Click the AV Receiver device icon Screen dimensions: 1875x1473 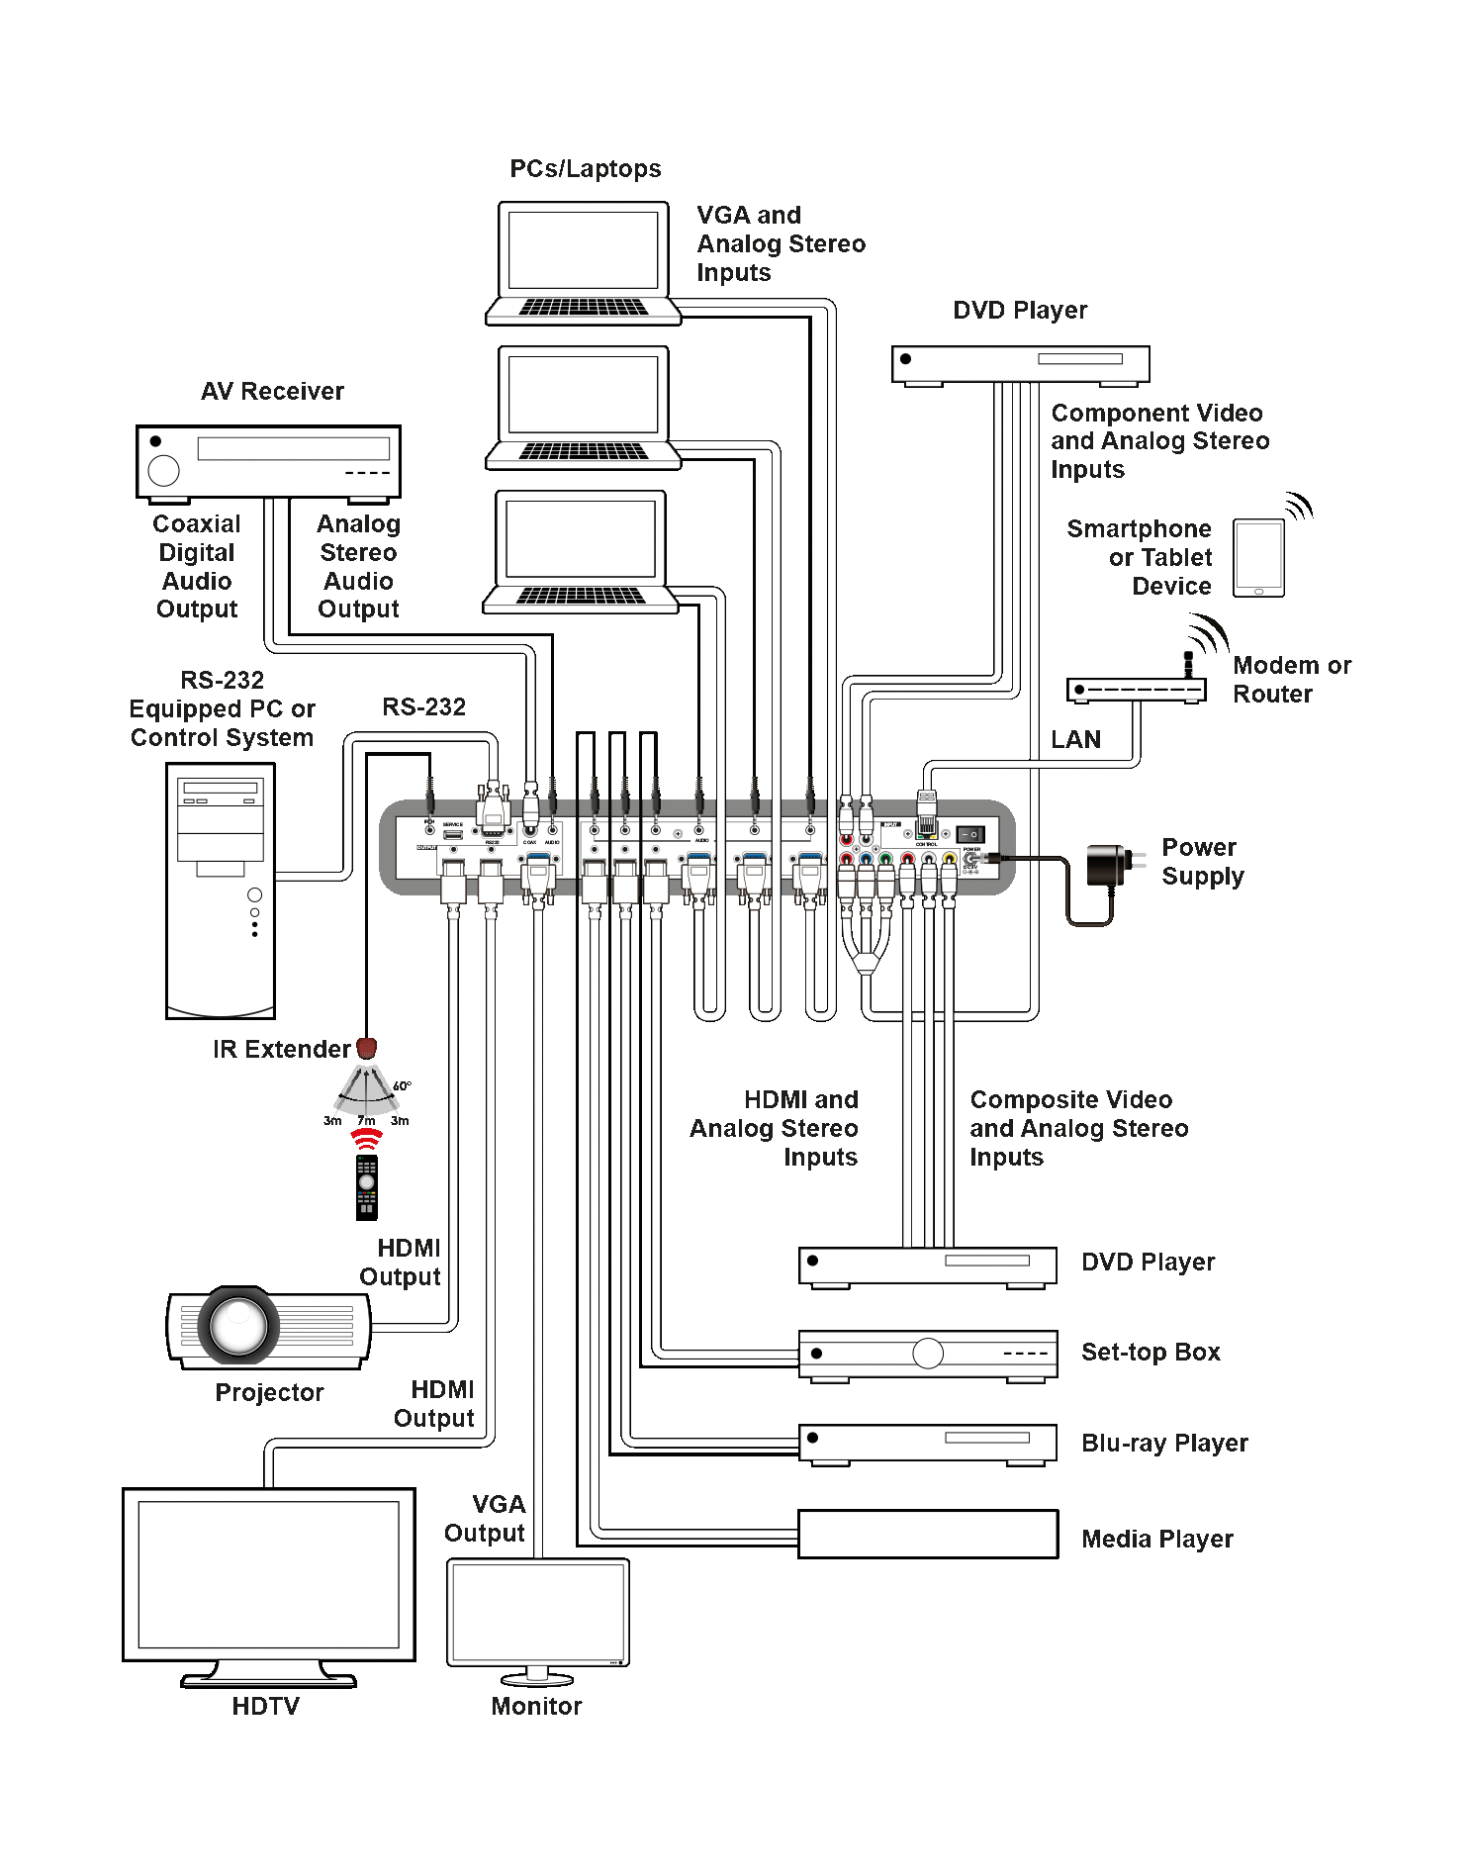(x=268, y=462)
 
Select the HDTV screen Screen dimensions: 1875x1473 (x=268, y=1574)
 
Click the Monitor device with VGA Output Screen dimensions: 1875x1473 (x=537, y=1613)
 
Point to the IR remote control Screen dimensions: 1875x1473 (x=367, y=1186)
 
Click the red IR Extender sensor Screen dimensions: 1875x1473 (x=366, y=1047)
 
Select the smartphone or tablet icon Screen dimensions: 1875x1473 (x=1258, y=558)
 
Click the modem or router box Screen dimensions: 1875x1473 (x=1136, y=690)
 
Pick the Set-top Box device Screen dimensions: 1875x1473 (x=927, y=1354)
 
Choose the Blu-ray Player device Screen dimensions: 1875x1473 (x=927, y=1443)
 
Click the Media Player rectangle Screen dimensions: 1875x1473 (x=927, y=1534)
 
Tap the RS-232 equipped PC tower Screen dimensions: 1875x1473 (x=221, y=891)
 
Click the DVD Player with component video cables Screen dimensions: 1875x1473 (x=1020, y=363)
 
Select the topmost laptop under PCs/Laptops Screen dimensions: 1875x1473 (x=584, y=263)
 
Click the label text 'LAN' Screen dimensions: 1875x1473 (x=1075, y=739)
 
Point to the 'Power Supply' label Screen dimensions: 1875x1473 (x=1202, y=862)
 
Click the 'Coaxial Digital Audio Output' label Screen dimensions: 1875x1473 (x=197, y=566)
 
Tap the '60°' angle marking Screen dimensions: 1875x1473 (x=402, y=1086)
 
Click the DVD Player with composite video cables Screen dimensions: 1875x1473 (x=927, y=1266)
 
